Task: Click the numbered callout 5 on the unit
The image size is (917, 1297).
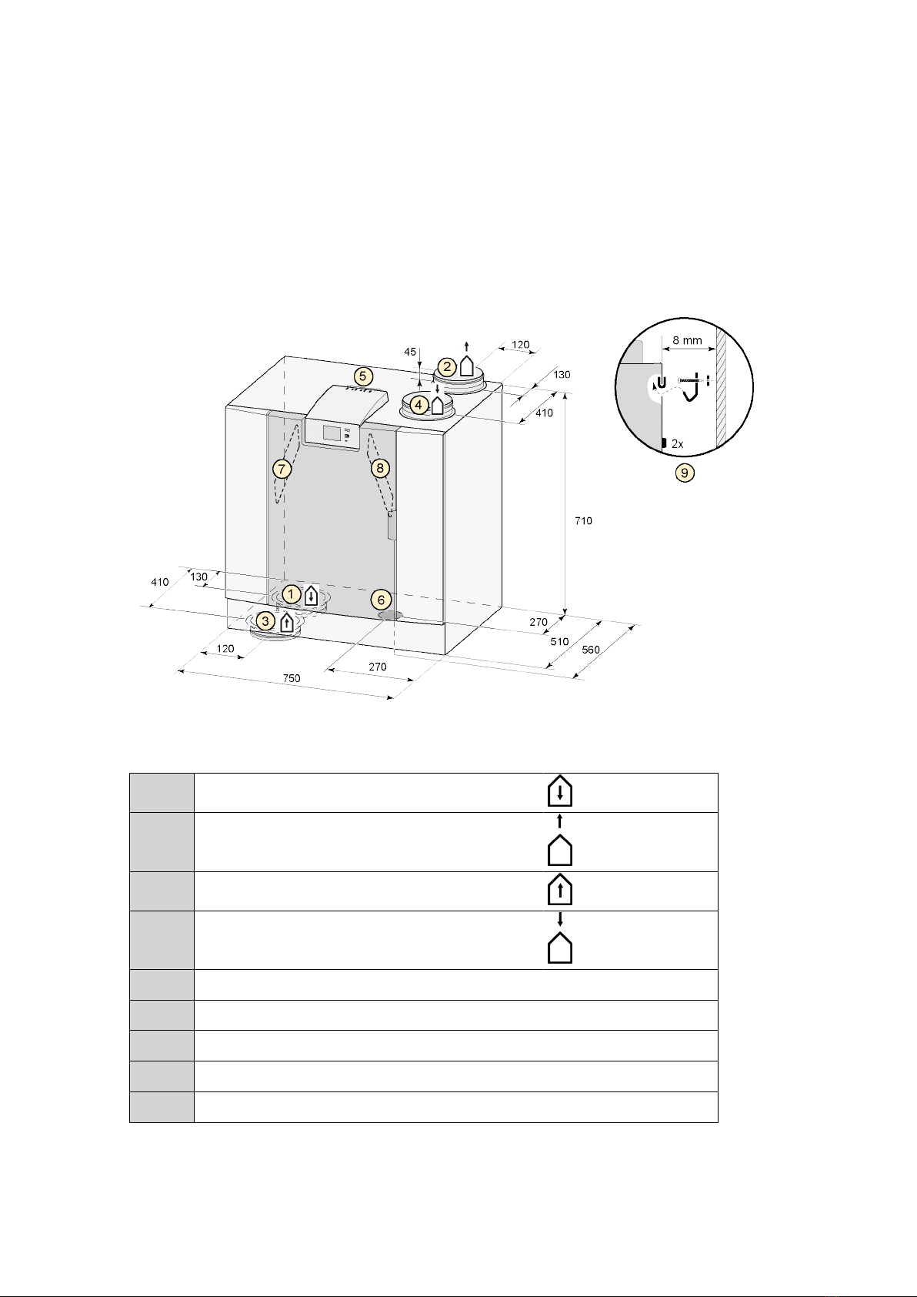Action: pyautogui.click(x=363, y=376)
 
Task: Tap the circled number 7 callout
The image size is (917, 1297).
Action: pyautogui.click(x=282, y=469)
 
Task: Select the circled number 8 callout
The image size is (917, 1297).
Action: pyautogui.click(x=379, y=468)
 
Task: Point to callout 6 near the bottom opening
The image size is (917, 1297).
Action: pyautogui.click(x=381, y=600)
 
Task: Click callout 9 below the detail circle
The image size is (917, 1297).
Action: pyautogui.click(x=685, y=473)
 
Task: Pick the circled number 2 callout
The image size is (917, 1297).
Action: pyautogui.click(x=447, y=366)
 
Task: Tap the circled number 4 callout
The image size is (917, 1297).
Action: pyautogui.click(x=418, y=406)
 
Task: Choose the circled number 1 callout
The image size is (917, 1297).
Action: pyautogui.click(x=291, y=593)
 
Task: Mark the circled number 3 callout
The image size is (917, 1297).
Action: pyautogui.click(x=265, y=621)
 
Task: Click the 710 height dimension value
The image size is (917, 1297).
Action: pyautogui.click(x=583, y=521)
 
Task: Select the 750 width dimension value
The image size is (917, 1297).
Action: pyautogui.click(x=292, y=678)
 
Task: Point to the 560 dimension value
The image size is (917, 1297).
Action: pyautogui.click(x=591, y=650)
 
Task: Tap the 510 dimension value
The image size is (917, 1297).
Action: pyautogui.click(x=559, y=641)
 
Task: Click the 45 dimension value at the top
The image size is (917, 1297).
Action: pyautogui.click(x=409, y=352)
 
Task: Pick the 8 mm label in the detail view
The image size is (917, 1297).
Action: pyautogui.click(x=687, y=340)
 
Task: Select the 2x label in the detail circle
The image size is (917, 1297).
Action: pyautogui.click(x=678, y=444)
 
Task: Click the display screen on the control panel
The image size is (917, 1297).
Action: pyautogui.click(x=332, y=433)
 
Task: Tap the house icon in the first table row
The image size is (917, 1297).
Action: pyautogui.click(x=559, y=791)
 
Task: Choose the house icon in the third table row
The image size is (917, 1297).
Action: pyautogui.click(x=559, y=889)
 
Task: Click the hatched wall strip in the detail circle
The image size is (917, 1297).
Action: pyautogui.click(x=721, y=386)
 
